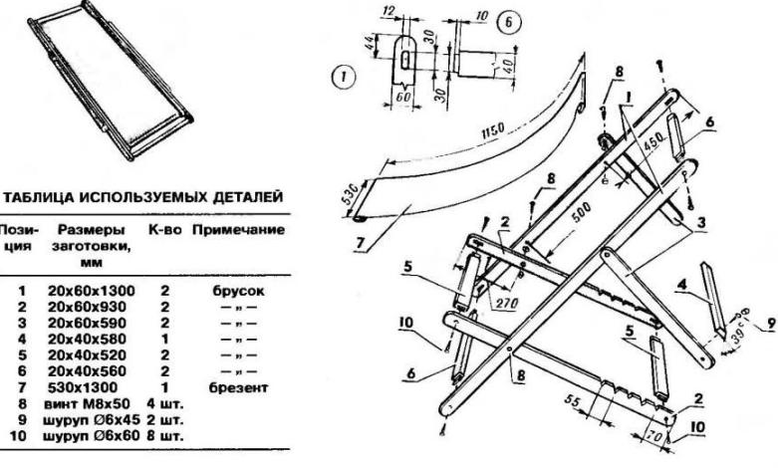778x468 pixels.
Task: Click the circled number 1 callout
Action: click(x=342, y=75)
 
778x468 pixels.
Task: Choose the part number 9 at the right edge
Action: click(x=768, y=326)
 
